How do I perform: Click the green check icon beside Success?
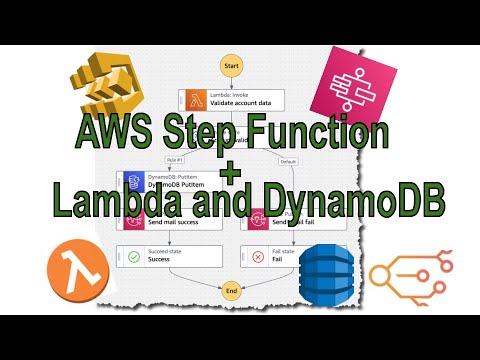[132, 256]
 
